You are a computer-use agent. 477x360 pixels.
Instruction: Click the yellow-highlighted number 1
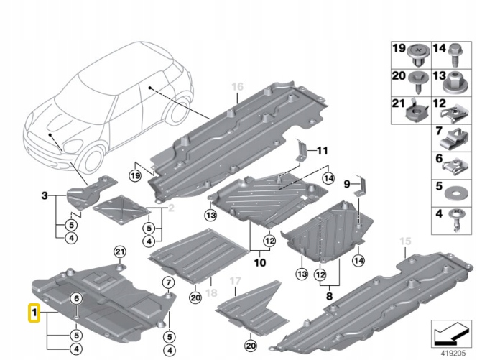[x=33, y=313]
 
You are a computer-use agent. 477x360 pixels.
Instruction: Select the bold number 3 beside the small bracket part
[x=45, y=195]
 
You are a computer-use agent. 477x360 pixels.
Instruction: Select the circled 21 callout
[x=120, y=250]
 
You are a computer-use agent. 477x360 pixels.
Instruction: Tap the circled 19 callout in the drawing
[x=134, y=175]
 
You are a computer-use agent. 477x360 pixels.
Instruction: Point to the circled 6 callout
[x=75, y=299]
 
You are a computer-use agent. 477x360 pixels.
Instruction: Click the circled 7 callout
[x=166, y=281]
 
